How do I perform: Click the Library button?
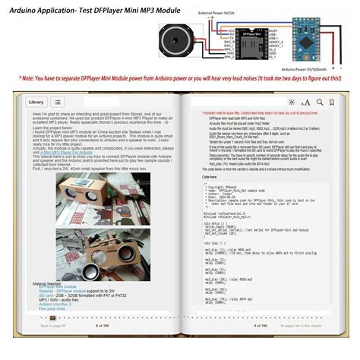[36, 101]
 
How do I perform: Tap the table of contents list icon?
[58, 101]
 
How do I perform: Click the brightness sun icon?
[292, 102]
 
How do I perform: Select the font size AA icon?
[305, 102]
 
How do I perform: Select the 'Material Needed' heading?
[49, 264]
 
